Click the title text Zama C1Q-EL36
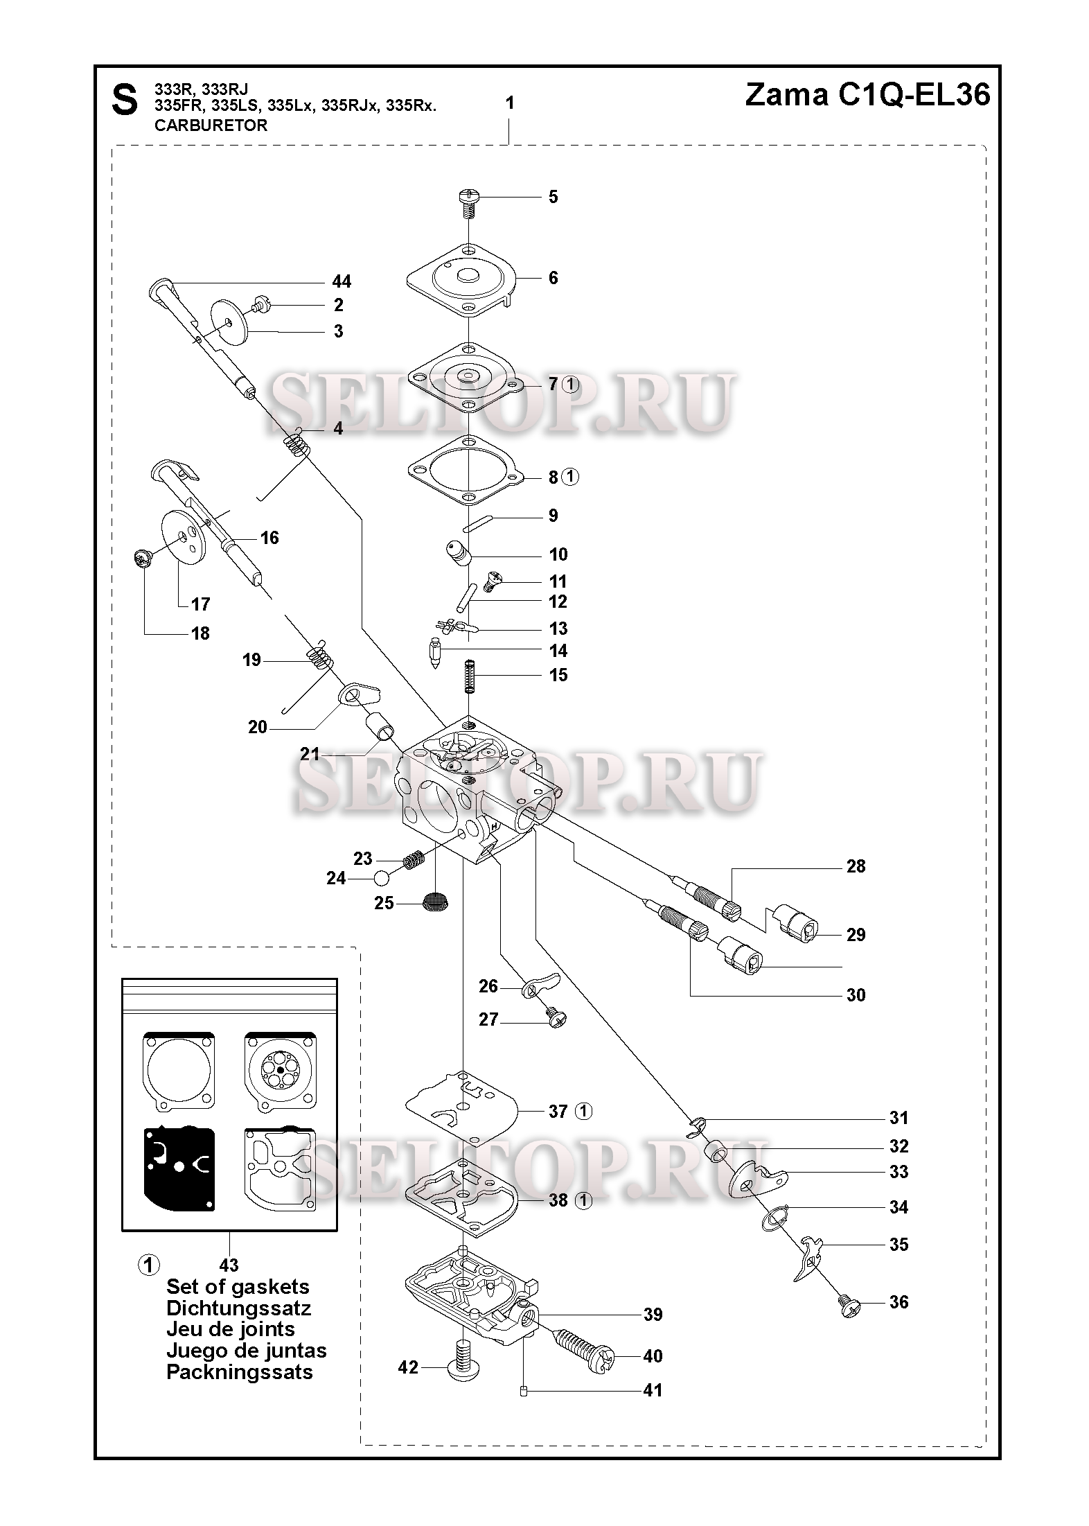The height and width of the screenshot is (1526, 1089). tap(867, 95)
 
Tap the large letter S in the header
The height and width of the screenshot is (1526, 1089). tap(124, 101)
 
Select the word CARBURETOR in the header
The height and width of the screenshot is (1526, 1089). tap(211, 125)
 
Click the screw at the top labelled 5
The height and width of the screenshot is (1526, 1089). tap(468, 202)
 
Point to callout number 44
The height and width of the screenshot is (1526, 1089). tap(342, 281)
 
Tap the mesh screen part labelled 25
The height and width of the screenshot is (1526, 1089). tap(434, 902)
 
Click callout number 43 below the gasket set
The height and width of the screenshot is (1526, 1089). tap(229, 1265)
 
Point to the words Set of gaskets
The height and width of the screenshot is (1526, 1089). tap(238, 1287)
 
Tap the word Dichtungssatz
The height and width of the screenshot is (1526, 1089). tap(238, 1308)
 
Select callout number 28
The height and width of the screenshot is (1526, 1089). tap(856, 866)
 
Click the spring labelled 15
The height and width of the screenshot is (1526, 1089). tap(470, 674)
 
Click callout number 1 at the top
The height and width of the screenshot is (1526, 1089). tap(510, 103)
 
